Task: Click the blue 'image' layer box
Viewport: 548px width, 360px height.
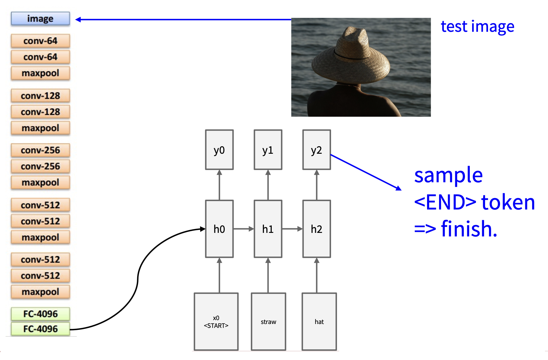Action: (40, 19)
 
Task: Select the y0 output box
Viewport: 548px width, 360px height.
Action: (219, 150)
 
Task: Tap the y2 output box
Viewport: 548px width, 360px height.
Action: (316, 150)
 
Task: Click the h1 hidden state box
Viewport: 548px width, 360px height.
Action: (268, 229)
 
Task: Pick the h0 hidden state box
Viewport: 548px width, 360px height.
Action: (219, 229)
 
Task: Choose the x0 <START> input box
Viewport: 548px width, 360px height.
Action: (216, 321)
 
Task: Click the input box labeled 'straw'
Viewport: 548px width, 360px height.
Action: (268, 321)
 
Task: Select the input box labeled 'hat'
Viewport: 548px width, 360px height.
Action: (319, 321)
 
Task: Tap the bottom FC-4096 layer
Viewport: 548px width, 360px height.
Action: (40, 329)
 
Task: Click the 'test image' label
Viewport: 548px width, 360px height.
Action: (477, 27)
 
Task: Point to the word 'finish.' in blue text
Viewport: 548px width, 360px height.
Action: (469, 229)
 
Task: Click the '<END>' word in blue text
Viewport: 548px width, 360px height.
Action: (445, 202)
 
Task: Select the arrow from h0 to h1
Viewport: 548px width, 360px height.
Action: (243, 229)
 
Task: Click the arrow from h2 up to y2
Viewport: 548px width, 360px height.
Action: (317, 185)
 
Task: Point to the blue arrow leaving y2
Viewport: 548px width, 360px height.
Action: (366, 172)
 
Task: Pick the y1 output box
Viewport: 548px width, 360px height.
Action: (268, 150)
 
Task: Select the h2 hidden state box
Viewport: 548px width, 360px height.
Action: (316, 229)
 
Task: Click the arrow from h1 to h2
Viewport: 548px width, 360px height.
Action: (292, 229)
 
